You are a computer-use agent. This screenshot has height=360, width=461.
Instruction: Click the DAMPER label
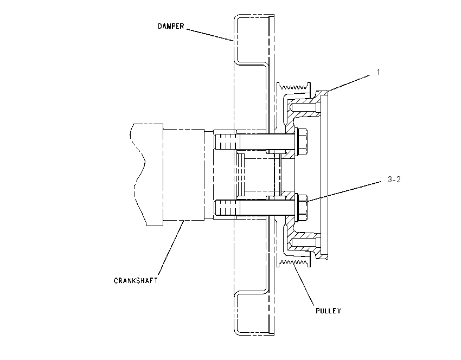click(x=171, y=26)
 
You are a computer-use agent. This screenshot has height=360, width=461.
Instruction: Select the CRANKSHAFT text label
click(x=136, y=280)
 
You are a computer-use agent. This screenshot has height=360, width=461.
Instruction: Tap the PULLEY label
click(x=329, y=311)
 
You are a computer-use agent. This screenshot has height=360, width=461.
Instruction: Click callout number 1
click(x=379, y=72)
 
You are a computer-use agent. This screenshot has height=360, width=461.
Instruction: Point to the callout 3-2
click(x=394, y=179)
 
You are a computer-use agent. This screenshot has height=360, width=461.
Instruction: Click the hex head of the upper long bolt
click(x=303, y=142)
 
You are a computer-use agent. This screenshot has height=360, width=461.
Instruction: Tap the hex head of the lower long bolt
click(x=303, y=207)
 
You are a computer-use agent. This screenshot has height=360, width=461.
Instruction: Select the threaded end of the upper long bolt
click(x=226, y=142)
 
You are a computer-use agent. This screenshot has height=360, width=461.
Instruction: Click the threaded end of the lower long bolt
click(x=226, y=207)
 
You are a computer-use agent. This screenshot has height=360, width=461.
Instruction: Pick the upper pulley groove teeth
click(x=294, y=86)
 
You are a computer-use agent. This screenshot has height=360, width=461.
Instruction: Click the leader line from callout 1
click(x=348, y=84)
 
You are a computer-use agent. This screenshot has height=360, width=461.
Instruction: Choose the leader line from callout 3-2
click(x=344, y=191)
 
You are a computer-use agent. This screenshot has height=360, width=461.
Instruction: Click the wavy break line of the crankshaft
click(x=138, y=175)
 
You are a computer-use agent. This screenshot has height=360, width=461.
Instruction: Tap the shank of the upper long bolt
click(x=267, y=142)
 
